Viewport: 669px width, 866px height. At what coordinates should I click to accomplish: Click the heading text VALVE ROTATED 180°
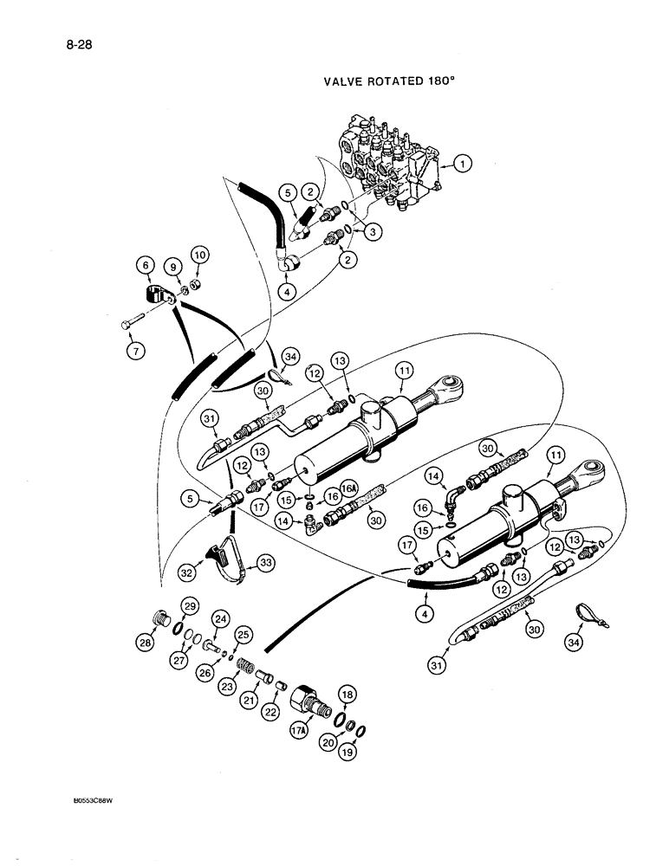[389, 85]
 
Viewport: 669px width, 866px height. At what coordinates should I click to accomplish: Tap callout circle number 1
[464, 162]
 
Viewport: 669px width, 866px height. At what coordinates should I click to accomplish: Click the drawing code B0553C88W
[94, 824]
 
